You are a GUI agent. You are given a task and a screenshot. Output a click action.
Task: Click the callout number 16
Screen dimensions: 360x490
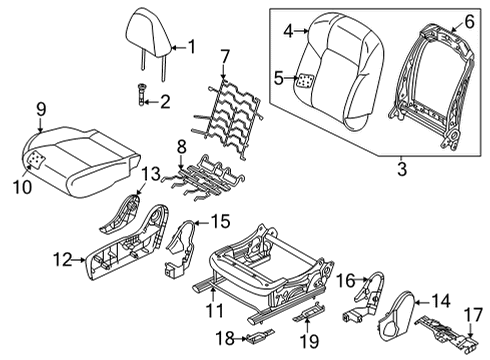pyautogui.click(x=342, y=281)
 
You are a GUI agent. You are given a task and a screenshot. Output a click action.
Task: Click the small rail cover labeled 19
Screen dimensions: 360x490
pyautogui.click(x=312, y=315)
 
